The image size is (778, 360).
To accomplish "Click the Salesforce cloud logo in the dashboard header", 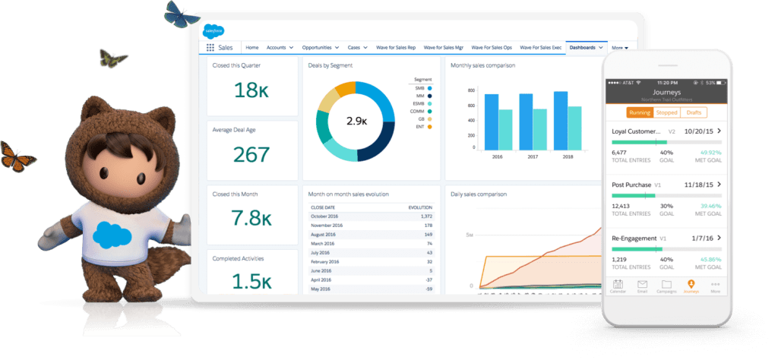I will click(x=213, y=31).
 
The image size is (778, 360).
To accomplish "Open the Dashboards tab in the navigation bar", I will click(x=582, y=47).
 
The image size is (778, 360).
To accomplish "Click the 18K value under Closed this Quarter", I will click(x=252, y=90).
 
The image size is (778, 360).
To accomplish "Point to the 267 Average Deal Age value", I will click(x=251, y=155).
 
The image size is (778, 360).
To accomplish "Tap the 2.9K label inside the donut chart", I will click(x=356, y=121).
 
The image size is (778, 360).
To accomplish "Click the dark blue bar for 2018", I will click(x=561, y=120).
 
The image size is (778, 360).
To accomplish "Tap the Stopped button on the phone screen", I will click(x=666, y=112).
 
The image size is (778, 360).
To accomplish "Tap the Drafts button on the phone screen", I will click(x=693, y=112).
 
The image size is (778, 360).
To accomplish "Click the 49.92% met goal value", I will click(x=710, y=152).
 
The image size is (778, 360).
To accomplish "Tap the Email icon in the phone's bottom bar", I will click(x=642, y=286).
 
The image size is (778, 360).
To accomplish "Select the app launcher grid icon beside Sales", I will click(x=210, y=47).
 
